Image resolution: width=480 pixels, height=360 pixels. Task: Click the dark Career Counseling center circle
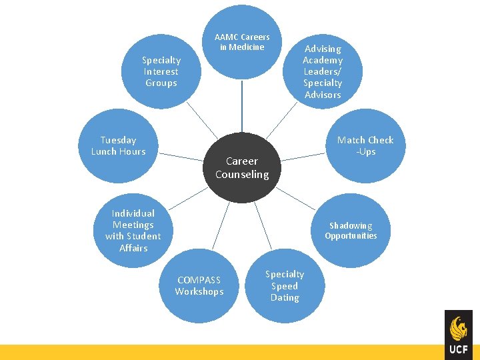point(242,167)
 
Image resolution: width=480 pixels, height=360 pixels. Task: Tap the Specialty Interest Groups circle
point(161,71)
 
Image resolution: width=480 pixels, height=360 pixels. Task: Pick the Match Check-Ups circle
point(365,145)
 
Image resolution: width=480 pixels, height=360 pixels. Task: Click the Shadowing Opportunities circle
point(351,231)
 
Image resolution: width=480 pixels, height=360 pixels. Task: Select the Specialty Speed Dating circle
point(285,285)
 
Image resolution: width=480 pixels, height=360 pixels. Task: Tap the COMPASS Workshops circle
point(199,285)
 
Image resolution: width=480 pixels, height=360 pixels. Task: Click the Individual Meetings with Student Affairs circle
point(133,231)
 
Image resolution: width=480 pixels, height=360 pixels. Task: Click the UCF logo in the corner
point(459,334)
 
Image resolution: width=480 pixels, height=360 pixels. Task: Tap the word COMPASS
point(199,280)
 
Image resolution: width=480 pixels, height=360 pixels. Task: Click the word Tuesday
point(118,140)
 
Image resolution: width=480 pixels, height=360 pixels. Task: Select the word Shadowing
point(351,226)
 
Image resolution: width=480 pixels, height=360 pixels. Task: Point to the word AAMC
point(226,37)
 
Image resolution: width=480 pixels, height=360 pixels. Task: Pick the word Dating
point(285,297)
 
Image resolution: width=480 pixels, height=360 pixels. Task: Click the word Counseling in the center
point(242,175)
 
